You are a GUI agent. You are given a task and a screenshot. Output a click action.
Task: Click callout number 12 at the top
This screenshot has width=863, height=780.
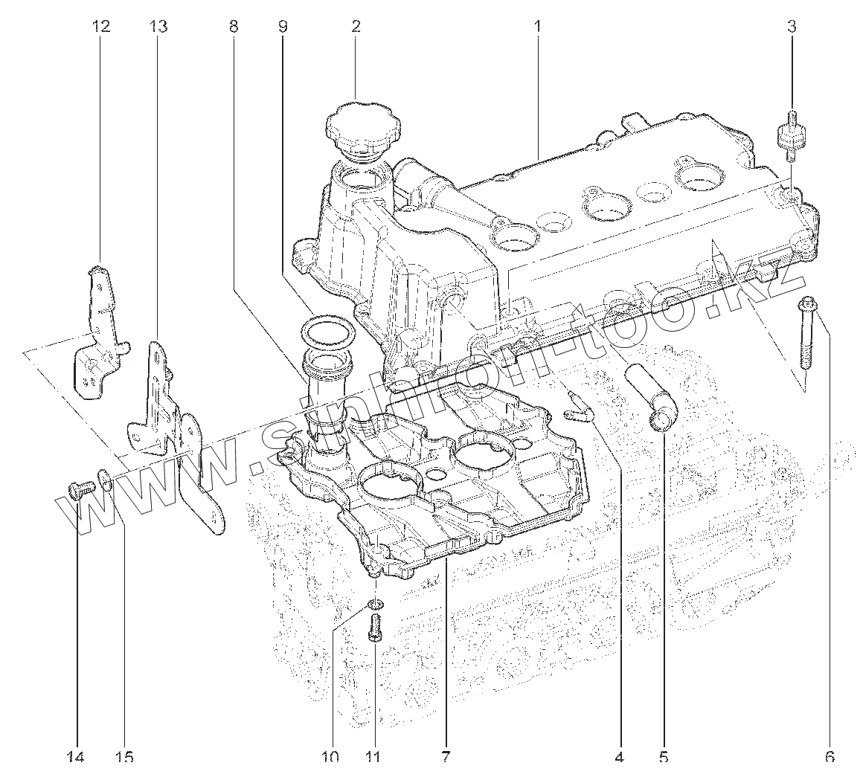pyautogui.click(x=100, y=27)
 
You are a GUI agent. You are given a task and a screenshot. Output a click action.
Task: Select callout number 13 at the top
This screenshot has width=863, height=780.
pyautogui.click(x=158, y=27)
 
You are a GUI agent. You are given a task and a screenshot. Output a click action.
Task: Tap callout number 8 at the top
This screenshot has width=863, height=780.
pyautogui.click(x=234, y=27)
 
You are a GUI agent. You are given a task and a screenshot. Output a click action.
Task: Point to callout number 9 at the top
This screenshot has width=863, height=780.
pyautogui.click(x=282, y=27)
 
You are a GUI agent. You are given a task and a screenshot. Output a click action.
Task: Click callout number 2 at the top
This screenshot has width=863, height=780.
pyautogui.click(x=356, y=27)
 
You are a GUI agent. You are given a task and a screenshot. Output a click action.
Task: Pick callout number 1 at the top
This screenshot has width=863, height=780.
pyautogui.click(x=537, y=27)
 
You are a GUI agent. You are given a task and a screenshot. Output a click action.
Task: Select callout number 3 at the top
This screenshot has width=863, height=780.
pyautogui.click(x=792, y=27)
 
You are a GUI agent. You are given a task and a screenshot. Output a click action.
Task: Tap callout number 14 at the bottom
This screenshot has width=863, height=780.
pyautogui.click(x=76, y=757)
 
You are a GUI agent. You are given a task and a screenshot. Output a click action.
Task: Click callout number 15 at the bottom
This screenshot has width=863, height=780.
pyautogui.click(x=124, y=757)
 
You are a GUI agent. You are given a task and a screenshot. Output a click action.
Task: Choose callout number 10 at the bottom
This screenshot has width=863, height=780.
pyautogui.click(x=330, y=757)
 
